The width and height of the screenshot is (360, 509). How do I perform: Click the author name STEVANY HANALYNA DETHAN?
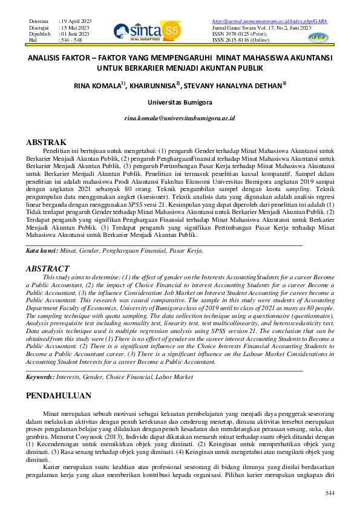[232, 86]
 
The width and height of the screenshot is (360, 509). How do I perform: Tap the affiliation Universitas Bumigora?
[180, 103]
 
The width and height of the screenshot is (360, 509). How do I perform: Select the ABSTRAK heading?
[47, 142]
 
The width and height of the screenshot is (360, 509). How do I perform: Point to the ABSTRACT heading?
[48, 268]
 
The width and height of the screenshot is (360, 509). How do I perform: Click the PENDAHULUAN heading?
[59, 396]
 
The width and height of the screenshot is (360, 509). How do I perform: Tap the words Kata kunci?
[42, 250]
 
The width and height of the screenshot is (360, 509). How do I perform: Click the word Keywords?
[39, 377]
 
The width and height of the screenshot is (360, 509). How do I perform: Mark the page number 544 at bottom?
[329, 494]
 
